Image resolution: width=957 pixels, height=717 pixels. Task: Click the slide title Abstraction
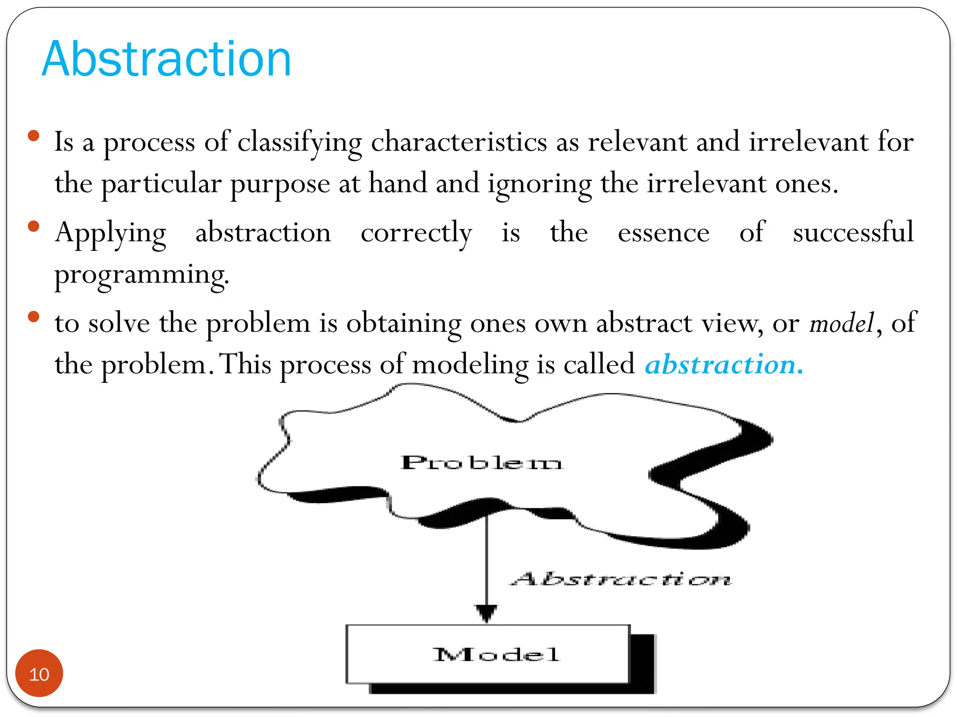coord(166,59)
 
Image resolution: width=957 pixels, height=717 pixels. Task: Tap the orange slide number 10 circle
coord(39,673)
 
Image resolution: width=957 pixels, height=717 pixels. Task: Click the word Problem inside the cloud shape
coord(481,463)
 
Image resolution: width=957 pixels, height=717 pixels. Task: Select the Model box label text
coord(496,654)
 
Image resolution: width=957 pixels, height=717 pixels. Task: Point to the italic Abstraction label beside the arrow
coord(621,579)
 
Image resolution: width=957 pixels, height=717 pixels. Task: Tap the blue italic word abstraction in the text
coord(723,365)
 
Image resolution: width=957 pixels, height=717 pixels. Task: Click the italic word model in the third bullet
coord(842,323)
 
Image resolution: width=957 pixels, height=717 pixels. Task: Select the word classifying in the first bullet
coord(300,142)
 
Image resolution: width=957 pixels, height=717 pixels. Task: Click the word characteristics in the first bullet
coord(459,141)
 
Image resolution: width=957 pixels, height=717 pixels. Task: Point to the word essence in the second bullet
coord(664,232)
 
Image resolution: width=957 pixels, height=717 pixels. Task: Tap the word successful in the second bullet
coord(853,232)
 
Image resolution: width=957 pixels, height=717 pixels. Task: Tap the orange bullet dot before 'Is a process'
coord(34,136)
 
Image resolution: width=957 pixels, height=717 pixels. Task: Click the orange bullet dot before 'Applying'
coord(34,227)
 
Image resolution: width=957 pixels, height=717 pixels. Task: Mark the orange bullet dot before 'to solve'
coord(34,317)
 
